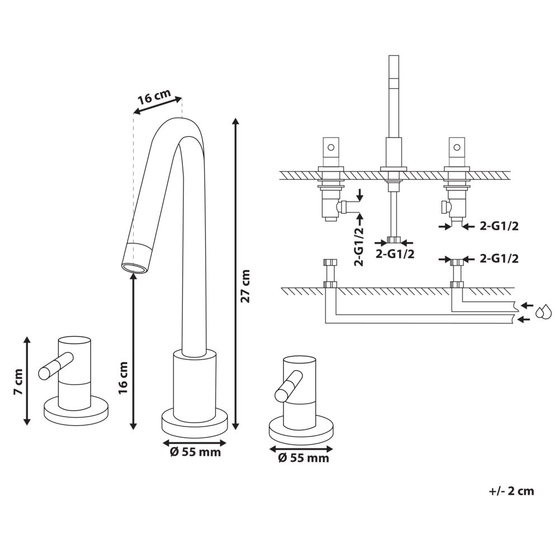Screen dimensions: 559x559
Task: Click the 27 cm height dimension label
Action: click(x=245, y=286)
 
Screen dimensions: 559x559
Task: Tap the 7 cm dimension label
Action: click(x=18, y=382)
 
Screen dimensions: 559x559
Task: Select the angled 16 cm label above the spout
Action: click(x=154, y=98)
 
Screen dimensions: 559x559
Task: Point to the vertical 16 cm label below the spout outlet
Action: click(x=124, y=378)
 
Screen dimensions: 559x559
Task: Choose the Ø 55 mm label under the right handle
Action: click(x=304, y=458)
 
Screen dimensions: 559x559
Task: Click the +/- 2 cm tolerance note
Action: click(x=511, y=491)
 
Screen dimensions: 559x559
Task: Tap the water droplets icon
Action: click(x=543, y=312)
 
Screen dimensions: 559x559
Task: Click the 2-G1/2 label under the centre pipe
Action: click(x=395, y=254)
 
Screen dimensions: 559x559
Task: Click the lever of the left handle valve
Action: click(x=55, y=366)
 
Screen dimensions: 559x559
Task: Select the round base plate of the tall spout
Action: click(x=195, y=423)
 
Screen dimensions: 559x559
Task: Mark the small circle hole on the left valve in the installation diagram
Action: click(x=330, y=148)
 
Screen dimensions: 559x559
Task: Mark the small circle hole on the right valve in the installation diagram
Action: click(x=457, y=148)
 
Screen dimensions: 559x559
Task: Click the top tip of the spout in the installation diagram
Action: click(x=394, y=57)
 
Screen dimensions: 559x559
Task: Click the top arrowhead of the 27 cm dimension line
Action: click(x=236, y=121)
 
